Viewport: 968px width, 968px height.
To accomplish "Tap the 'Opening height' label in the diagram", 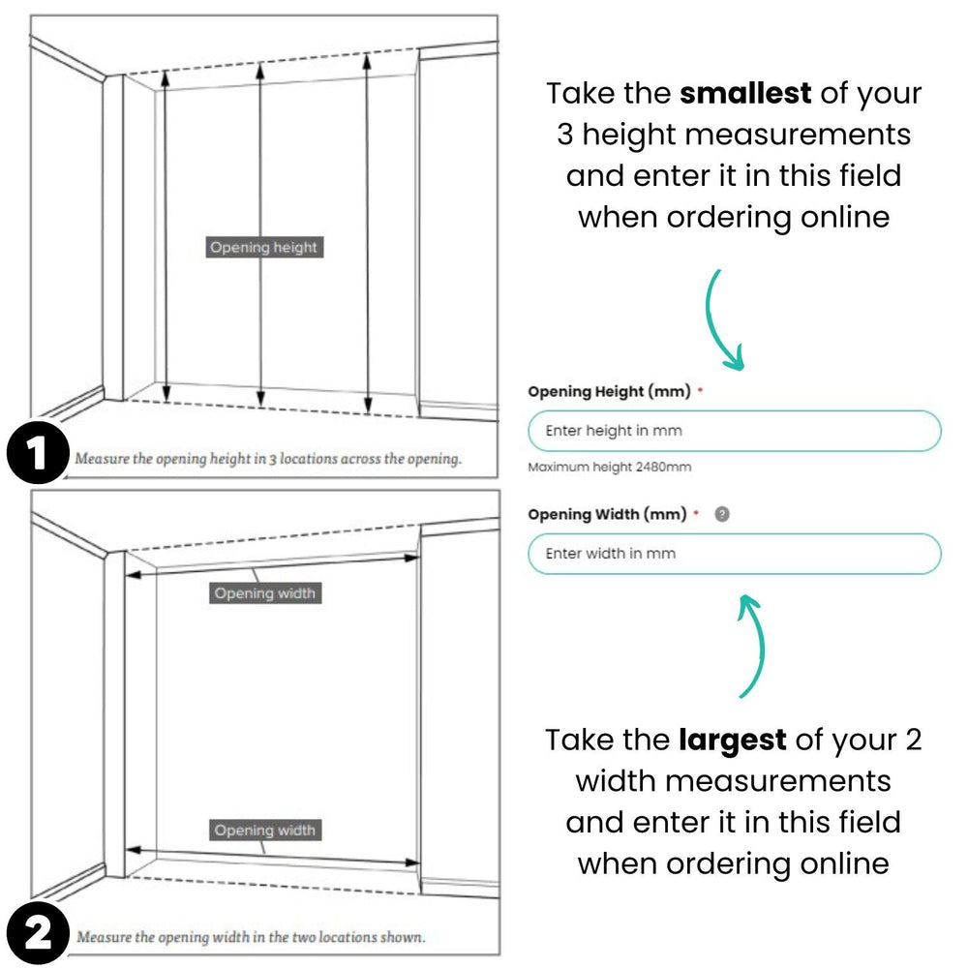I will (263, 248).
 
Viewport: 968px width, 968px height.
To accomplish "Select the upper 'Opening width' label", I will (264, 593).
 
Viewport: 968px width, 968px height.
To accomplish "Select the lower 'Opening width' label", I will (264, 831).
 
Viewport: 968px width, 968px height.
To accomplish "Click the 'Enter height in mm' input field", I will (734, 431).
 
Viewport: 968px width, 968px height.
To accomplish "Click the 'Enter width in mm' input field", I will (734, 554).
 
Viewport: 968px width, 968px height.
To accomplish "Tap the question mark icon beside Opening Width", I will (721, 514).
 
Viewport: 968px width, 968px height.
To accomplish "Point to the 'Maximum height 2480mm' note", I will (610, 468).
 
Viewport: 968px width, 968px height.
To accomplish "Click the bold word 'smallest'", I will (745, 94).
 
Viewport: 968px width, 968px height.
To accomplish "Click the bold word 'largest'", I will (732, 741).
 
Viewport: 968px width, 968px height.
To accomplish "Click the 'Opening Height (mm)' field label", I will (609, 392).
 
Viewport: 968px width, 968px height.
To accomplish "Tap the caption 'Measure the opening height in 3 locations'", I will (268, 459).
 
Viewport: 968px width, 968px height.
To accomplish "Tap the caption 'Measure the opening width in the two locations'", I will (251, 937).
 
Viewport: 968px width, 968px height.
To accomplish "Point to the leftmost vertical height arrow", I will (166, 237).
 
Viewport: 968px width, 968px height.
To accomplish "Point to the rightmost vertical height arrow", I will (367, 232).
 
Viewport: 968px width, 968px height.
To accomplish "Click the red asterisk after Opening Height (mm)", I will (700, 392).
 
